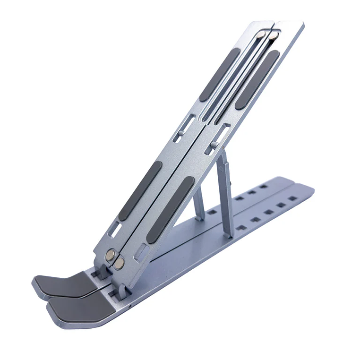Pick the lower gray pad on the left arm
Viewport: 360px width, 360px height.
click(140, 191)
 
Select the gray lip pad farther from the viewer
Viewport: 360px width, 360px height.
click(60, 285)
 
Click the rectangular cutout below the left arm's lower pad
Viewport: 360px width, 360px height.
click(114, 230)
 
